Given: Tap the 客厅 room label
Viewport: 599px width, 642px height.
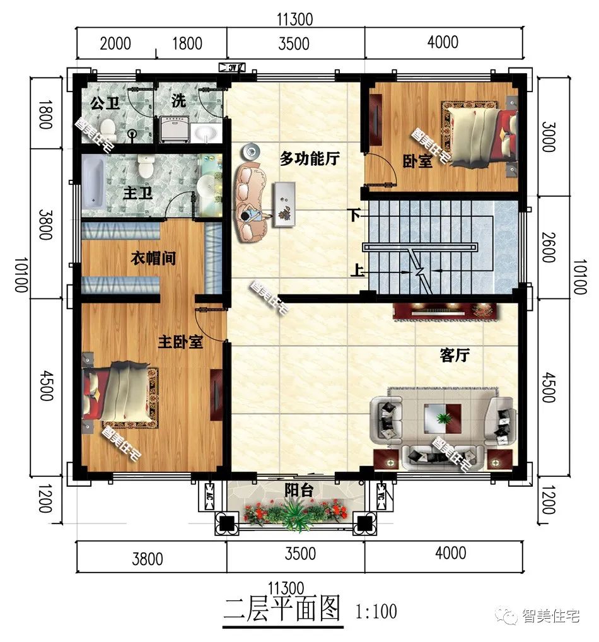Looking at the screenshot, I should (x=454, y=355).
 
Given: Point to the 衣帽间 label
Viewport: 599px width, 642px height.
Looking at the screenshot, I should (x=153, y=258).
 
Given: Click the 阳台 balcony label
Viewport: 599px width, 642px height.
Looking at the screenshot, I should (x=299, y=490).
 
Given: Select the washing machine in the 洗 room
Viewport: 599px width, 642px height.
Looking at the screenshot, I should (x=174, y=130).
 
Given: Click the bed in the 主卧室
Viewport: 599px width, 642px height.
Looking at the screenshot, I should (x=120, y=395).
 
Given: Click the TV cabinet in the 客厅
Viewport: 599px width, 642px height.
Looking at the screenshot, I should (x=445, y=311).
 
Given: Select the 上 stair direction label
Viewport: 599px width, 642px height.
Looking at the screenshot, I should (x=357, y=272).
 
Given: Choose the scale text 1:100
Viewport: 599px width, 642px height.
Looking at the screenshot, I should (x=376, y=611).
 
